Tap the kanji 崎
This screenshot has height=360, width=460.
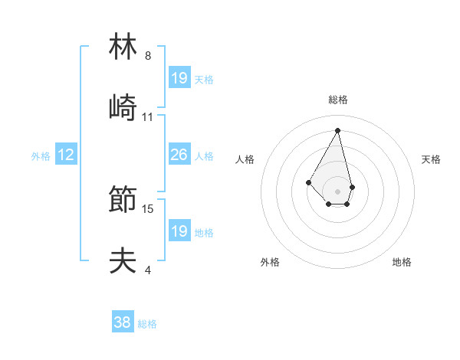click(123, 108)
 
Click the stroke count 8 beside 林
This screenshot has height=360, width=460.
click(148, 56)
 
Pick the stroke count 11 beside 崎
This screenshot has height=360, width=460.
click(148, 117)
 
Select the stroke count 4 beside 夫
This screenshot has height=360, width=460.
click(148, 270)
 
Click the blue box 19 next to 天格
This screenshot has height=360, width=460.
click(179, 77)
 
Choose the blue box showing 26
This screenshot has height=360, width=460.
click(179, 155)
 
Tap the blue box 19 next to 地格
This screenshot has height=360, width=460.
click(179, 231)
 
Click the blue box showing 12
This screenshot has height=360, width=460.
click(66, 155)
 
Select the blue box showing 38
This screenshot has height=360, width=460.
click(123, 322)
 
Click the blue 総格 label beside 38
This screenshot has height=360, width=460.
click(147, 324)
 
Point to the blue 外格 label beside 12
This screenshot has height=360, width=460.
click(41, 156)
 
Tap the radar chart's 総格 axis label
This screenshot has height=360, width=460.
click(338, 100)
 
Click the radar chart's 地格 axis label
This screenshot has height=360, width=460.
click(402, 262)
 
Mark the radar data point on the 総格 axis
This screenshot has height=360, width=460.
click(338, 129)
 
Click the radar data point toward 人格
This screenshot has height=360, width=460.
click(308, 182)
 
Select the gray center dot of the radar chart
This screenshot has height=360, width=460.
click(338, 191)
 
